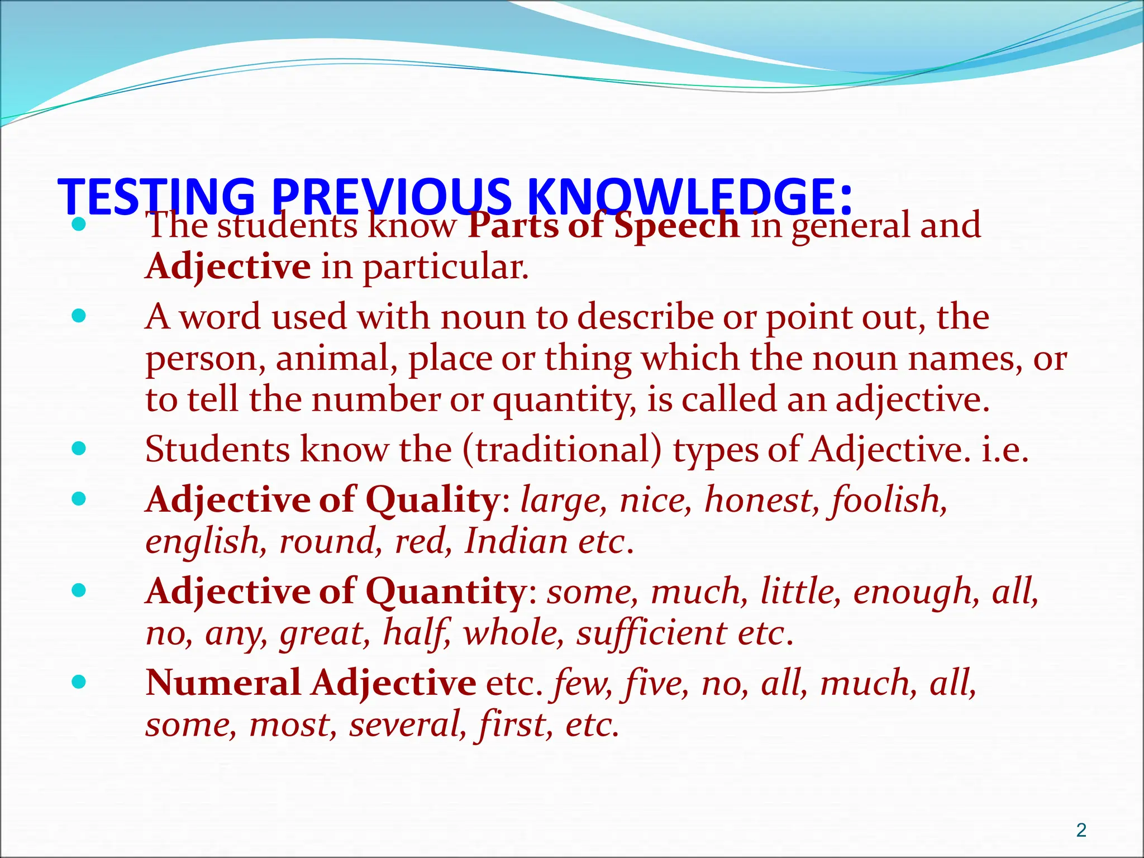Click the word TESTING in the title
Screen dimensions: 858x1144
tap(156, 197)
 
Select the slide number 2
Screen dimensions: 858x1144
tap(1081, 830)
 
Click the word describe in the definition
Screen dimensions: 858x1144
tap(645, 317)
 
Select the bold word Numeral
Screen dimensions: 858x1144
tap(223, 683)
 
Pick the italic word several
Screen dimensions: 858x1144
tap(408, 724)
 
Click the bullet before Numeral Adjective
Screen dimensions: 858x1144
tap(79, 681)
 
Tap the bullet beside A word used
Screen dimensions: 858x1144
tap(79, 316)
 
